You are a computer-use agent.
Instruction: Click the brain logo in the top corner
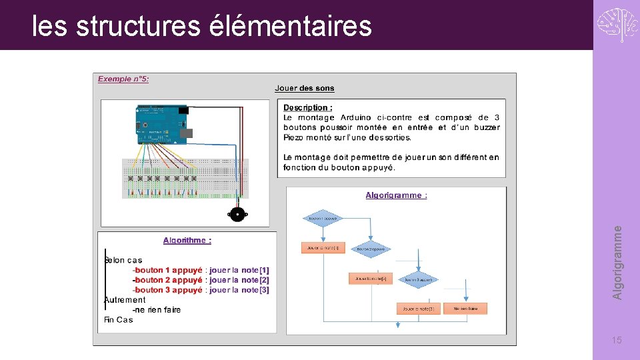point(617,25)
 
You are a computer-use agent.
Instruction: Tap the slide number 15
point(617,341)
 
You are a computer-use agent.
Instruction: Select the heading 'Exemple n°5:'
point(123,79)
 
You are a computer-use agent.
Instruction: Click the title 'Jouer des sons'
point(305,88)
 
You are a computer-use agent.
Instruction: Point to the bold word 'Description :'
point(307,107)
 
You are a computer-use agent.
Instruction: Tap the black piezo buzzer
point(236,213)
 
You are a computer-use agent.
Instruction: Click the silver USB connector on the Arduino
point(186,133)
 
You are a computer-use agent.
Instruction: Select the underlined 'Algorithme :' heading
point(187,240)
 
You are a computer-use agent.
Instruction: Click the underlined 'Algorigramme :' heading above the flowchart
point(396,195)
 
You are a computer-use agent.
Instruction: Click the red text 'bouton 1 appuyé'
point(168,270)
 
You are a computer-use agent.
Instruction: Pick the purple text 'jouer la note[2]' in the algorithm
point(239,280)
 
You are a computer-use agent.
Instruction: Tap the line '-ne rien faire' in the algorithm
point(157,309)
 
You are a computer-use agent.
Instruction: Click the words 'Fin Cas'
point(119,320)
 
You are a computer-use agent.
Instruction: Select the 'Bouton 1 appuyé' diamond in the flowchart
point(323,218)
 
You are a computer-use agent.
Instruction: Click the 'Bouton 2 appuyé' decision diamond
point(371,249)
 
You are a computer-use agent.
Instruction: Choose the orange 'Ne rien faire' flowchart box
point(465,309)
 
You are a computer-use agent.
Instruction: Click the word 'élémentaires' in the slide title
point(290,27)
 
